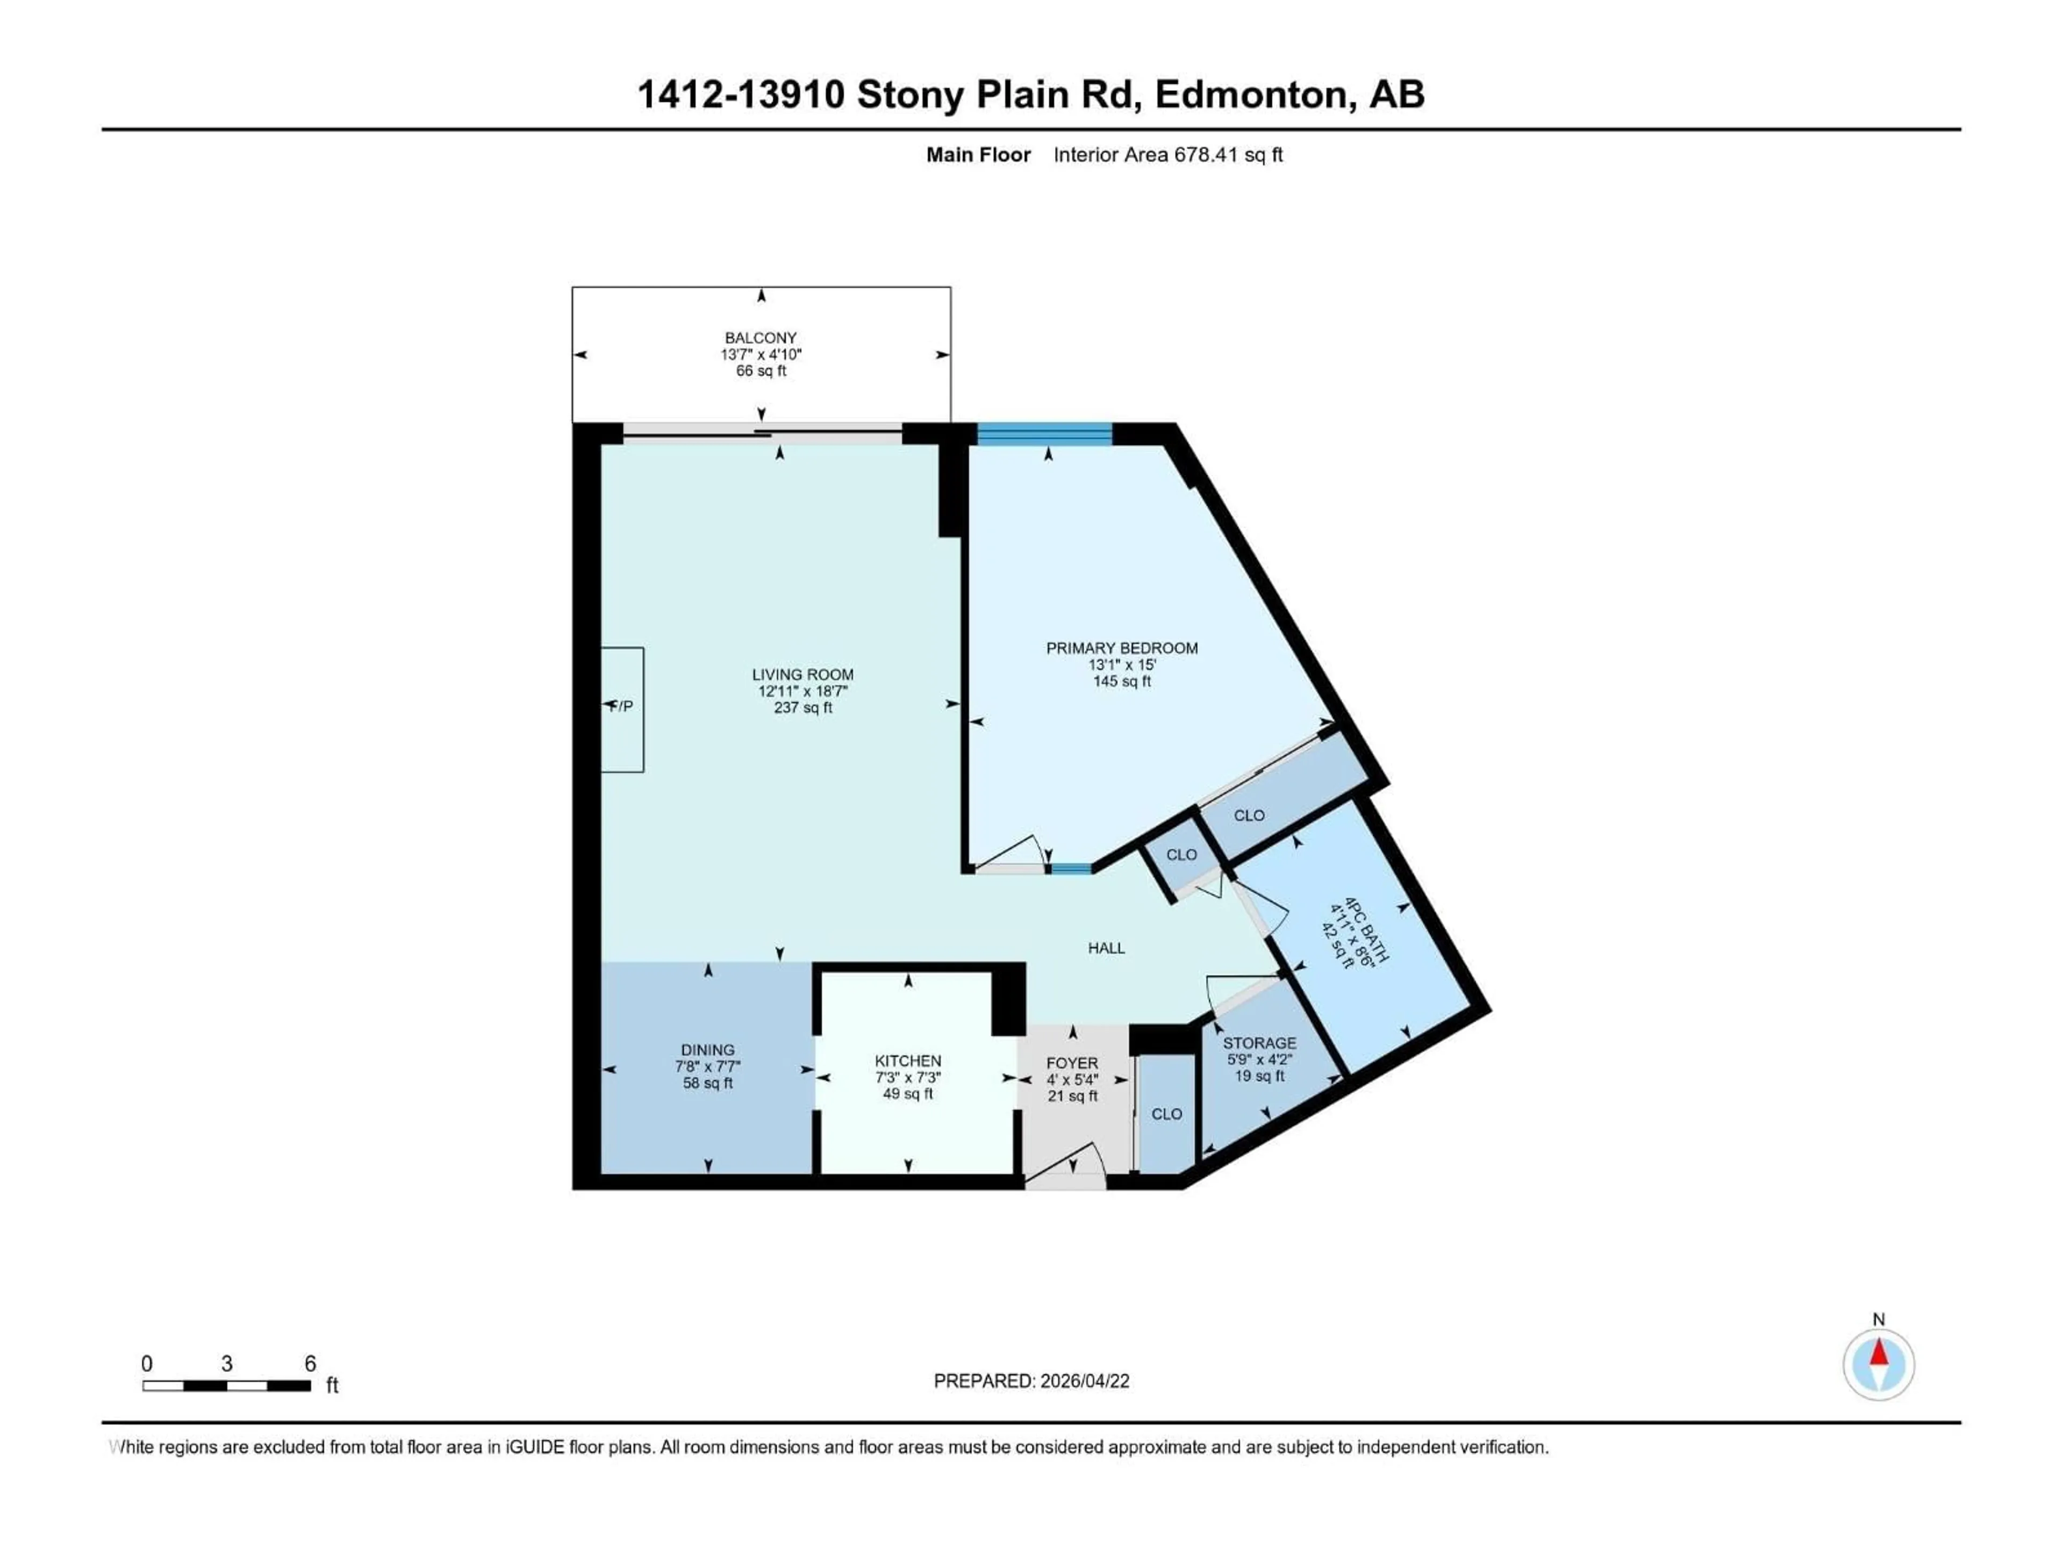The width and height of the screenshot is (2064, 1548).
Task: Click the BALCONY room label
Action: [761, 338]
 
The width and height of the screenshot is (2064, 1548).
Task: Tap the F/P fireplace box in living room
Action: [621, 709]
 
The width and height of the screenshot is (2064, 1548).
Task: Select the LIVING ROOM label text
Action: [802, 673]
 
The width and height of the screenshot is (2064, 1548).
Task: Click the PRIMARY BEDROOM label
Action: [1122, 648]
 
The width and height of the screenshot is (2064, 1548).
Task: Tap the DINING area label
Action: [707, 1050]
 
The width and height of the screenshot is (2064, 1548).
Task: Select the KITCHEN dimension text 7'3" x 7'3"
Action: [908, 1077]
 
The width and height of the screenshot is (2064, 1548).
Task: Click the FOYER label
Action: [1072, 1063]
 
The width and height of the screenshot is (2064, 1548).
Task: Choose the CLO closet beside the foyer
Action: [1165, 1114]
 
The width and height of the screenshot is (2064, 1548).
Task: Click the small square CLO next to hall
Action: [1181, 855]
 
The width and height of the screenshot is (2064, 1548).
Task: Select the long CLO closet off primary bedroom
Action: [1249, 815]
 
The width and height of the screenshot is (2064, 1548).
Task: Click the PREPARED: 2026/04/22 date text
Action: [1031, 1381]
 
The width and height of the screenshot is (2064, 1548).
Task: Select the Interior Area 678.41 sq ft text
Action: [1167, 155]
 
